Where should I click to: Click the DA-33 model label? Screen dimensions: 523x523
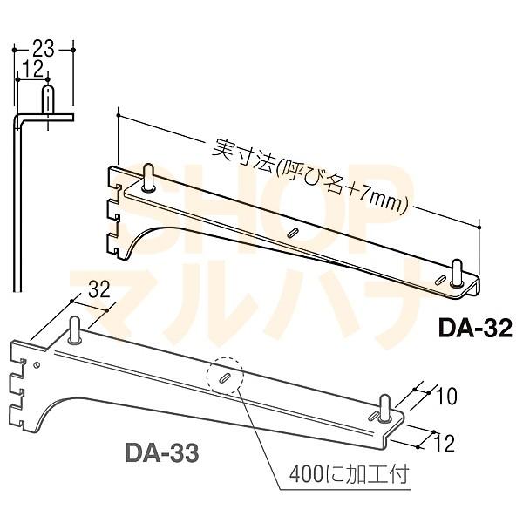click(161, 453)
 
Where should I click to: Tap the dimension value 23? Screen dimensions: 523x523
click(44, 49)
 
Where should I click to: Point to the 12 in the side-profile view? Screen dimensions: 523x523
click(33, 69)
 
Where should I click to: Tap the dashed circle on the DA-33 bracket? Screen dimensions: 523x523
click(225, 379)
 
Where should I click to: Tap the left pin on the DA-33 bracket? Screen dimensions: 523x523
click(76, 332)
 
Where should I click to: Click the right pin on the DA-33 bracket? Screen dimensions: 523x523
click(384, 406)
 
